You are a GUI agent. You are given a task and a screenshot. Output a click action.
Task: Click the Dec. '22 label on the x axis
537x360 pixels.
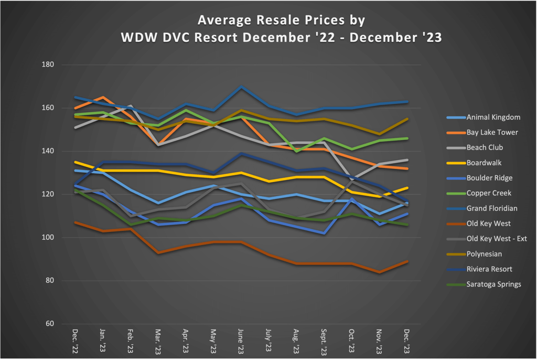click(x=75, y=342)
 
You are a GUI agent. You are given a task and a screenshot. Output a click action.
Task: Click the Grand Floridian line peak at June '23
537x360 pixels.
click(x=241, y=87)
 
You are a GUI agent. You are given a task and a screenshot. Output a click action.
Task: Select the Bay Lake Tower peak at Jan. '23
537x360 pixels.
click(x=103, y=97)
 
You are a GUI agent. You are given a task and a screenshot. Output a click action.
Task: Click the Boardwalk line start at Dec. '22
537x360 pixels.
click(x=75, y=162)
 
